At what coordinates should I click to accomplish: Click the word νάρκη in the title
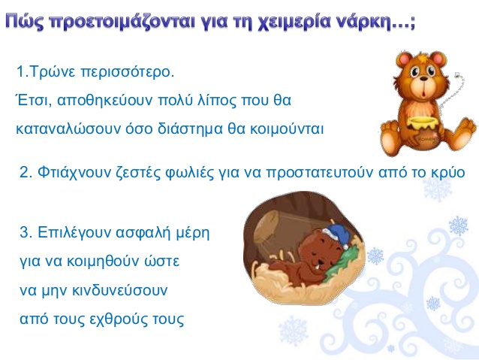[363, 23]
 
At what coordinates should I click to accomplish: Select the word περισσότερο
[128, 73]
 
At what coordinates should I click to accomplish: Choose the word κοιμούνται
[287, 129]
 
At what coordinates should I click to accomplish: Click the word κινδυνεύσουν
[120, 290]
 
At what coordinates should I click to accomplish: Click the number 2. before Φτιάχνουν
[26, 173]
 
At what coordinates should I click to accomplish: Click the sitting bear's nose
[424, 79]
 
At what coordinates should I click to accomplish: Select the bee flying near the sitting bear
[457, 74]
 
